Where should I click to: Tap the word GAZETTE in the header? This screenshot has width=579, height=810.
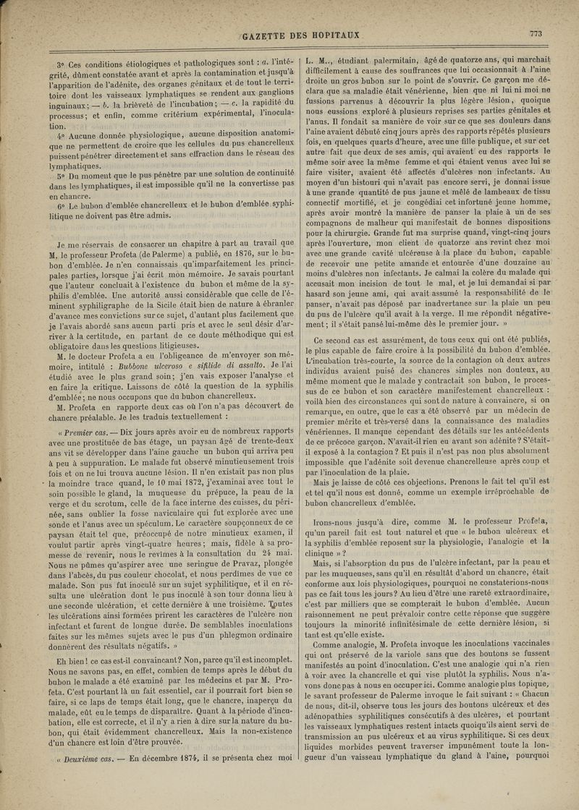tap(268, 36)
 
